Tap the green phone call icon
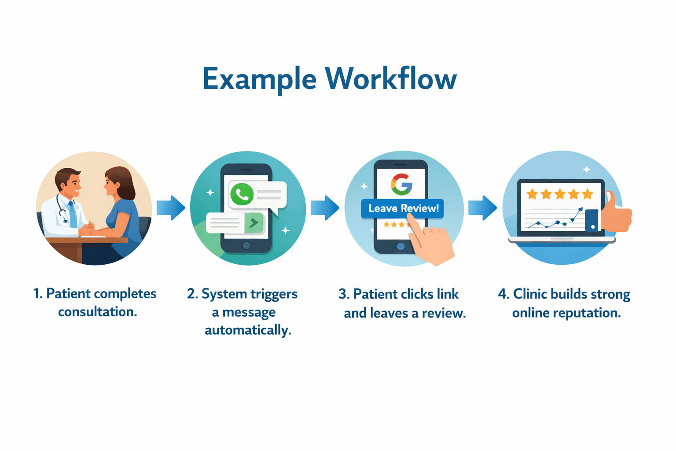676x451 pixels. pyautogui.click(x=242, y=194)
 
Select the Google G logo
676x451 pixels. pyautogui.click(x=401, y=184)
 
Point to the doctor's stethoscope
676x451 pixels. pyautogui.click(x=62, y=210)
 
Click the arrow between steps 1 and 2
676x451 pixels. pyautogui.click(x=171, y=207)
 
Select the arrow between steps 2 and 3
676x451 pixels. pyautogui.click(x=325, y=207)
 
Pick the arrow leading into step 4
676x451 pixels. pyautogui.click(x=482, y=207)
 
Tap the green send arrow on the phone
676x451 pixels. pyautogui.click(x=254, y=223)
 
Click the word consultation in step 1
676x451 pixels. pyautogui.click(x=97, y=312)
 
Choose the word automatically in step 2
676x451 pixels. pyautogui.click(x=248, y=330)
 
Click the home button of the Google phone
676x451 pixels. pyautogui.click(x=400, y=247)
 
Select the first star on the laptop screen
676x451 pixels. pyautogui.click(x=533, y=194)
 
